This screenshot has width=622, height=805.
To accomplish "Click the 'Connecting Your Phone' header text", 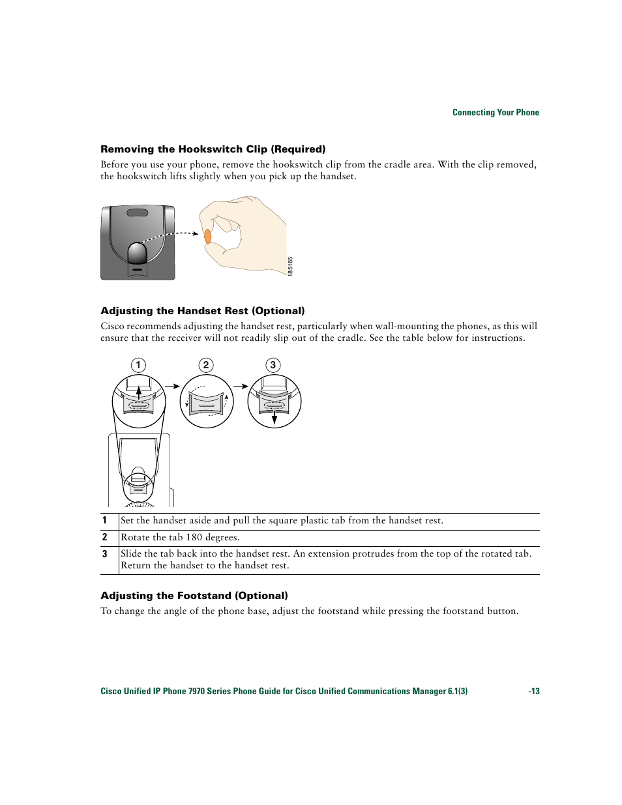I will click(x=496, y=112).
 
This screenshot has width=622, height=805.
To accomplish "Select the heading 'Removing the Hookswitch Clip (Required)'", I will click(x=213, y=149).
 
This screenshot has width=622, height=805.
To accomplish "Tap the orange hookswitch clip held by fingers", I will click(x=208, y=236).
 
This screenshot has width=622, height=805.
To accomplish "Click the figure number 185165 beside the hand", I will click(x=291, y=266).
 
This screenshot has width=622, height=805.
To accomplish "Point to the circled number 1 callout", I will click(x=138, y=365).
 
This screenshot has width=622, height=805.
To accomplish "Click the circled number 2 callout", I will click(x=206, y=365).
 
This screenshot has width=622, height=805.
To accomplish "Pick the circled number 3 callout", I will click(x=273, y=365).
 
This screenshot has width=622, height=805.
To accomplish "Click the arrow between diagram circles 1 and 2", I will click(x=172, y=386).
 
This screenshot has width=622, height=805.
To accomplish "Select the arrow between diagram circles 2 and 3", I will click(x=240, y=386).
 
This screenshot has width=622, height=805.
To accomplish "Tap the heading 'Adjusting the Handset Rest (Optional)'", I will click(x=202, y=311).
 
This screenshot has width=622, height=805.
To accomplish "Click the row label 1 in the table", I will click(x=104, y=520).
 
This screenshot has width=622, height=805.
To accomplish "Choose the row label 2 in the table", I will click(x=104, y=537).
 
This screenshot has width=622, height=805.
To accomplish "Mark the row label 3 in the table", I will click(x=104, y=554).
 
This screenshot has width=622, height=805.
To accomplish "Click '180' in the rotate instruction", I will click(x=194, y=538).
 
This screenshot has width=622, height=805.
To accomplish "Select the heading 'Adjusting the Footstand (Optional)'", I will click(x=194, y=596).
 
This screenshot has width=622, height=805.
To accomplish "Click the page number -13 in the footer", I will click(x=534, y=692).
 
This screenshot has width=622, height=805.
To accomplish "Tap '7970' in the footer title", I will click(x=196, y=692).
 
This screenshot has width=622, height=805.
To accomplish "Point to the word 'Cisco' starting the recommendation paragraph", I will click(x=112, y=327).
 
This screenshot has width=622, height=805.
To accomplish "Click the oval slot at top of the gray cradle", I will click(x=138, y=213).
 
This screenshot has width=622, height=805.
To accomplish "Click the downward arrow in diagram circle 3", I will click(x=274, y=417).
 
